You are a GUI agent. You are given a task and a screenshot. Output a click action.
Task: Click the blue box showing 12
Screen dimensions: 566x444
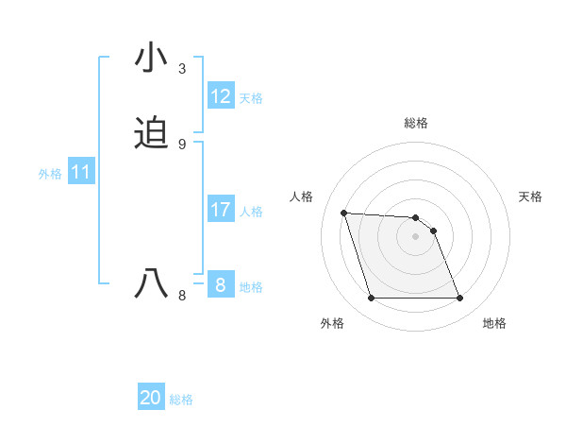[221, 96]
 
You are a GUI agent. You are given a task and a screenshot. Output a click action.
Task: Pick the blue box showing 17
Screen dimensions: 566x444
[221, 210]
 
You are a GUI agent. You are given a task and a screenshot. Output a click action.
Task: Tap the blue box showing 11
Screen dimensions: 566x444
[81, 173]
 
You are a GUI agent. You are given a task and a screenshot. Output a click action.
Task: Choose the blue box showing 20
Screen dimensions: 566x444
[151, 399]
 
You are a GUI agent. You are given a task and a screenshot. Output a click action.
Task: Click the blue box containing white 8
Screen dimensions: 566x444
[221, 285]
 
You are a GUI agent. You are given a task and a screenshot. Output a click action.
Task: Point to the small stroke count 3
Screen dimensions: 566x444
[182, 69]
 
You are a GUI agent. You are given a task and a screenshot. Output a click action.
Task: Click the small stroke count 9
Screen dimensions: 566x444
[182, 145]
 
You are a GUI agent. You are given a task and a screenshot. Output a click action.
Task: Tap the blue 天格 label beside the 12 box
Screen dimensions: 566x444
[251, 98]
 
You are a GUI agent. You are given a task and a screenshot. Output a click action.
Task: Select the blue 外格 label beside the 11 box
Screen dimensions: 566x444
[50, 174]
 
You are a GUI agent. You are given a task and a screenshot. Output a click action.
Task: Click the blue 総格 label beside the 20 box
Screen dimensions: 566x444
[181, 401]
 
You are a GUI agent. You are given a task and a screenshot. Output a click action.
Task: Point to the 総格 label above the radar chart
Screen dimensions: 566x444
[416, 123]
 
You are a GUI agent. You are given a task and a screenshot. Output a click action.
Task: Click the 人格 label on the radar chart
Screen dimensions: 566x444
[302, 196]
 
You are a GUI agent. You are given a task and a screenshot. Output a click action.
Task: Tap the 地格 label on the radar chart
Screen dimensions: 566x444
[494, 324]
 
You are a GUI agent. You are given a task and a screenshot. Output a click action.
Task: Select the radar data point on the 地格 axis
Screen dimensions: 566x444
[459, 299]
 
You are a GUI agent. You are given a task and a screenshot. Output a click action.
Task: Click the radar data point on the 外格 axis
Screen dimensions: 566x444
[371, 299]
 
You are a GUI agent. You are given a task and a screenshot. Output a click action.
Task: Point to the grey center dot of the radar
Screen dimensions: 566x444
[415, 237]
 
